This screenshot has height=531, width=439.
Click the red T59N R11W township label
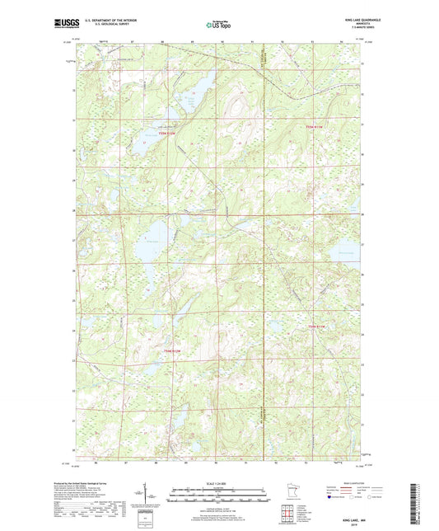pyautogui.click(x=316, y=126)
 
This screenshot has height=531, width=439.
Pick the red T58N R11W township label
pyautogui.click(x=317, y=327)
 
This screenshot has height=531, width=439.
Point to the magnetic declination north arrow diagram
pyautogui.click(x=150, y=496)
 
